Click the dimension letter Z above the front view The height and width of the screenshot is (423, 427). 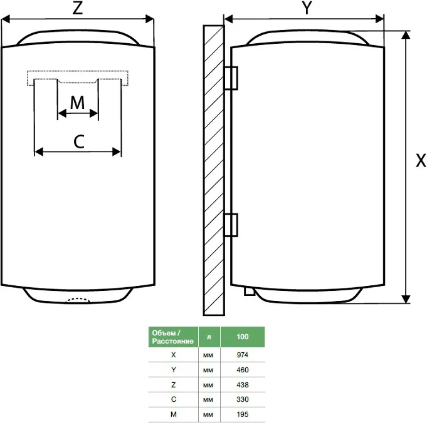(x=77, y=9)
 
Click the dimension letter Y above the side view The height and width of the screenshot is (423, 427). (x=307, y=9)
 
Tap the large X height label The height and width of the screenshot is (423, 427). (x=421, y=161)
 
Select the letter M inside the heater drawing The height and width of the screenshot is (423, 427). (x=77, y=102)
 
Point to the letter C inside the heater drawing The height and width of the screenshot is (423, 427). (x=78, y=141)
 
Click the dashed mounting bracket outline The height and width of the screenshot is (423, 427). (x=78, y=77)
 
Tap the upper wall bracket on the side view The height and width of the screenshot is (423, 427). (x=230, y=78)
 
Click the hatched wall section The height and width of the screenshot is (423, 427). (x=213, y=169)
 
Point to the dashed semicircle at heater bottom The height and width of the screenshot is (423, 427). (x=77, y=300)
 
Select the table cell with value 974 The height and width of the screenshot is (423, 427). (x=242, y=354)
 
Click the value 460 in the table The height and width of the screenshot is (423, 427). (x=242, y=369)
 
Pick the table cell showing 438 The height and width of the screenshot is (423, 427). (x=242, y=384)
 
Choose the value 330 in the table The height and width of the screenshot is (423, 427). (x=242, y=399)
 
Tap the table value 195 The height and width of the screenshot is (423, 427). (x=242, y=414)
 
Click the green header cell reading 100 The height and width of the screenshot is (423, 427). (x=242, y=337)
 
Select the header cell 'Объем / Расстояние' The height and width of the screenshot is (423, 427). (x=172, y=337)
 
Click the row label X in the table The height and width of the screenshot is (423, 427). (x=172, y=354)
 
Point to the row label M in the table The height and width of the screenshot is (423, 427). (x=172, y=414)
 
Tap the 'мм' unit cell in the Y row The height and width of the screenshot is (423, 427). (x=208, y=369)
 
